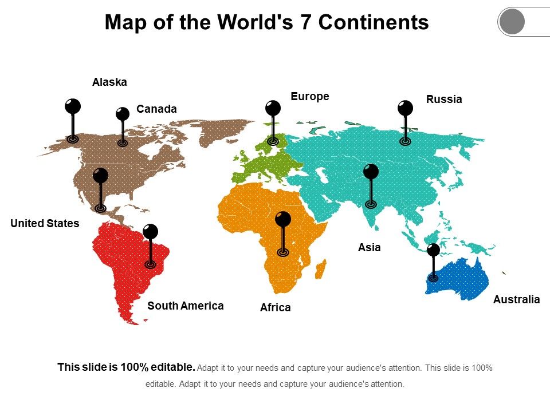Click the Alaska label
point(109,82)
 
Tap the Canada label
point(156,109)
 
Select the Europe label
point(310,96)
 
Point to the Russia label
point(444,100)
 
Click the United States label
point(45,223)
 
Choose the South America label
point(186,306)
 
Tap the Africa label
point(275,308)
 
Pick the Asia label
point(370,247)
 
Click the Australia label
point(516,299)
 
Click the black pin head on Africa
point(283,219)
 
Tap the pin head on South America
point(150,231)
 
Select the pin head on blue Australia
point(434,249)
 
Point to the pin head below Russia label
point(405,108)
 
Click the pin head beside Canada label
point(123,114)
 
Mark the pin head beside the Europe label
point(273,108)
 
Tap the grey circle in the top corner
point(512,22)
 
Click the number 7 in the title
point(307,22)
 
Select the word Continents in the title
point(374,22)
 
